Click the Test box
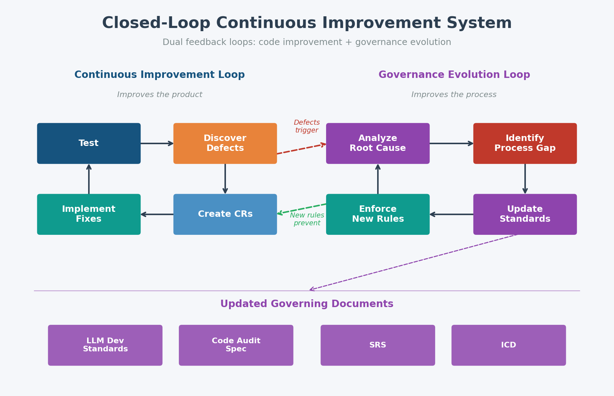89,143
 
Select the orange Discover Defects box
225,143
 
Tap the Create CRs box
225,214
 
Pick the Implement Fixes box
89,214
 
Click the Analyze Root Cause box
377,143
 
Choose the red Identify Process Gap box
525,143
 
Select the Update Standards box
525,214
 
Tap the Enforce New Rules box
377,214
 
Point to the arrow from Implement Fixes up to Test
89,179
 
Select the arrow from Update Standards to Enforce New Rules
451,214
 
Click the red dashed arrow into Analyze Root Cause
301,149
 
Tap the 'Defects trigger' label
307,126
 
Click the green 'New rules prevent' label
307,219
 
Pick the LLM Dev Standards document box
105,345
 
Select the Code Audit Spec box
236,345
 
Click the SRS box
377,345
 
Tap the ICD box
508,345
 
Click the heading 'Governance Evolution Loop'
454,75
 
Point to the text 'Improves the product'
160,95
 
